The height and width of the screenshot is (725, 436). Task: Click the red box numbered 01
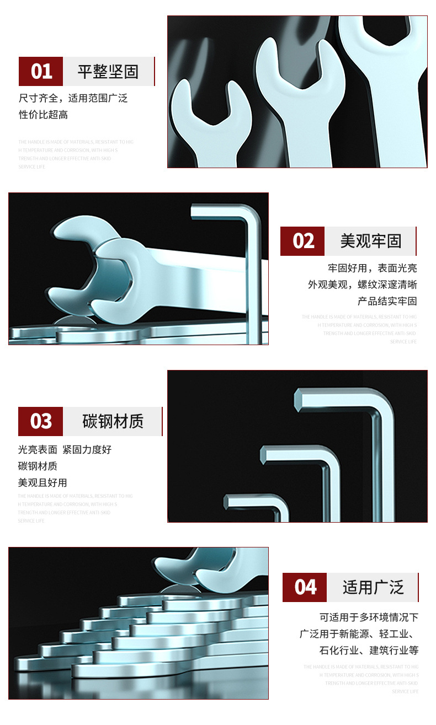[x=41, y=71]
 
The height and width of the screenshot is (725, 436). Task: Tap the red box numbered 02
[x=302, y=241]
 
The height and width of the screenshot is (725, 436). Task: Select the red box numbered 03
[x=41, y=421]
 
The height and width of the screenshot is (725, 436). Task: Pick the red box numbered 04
[x=305, y=587]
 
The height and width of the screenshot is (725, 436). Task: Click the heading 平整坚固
[x=108, y=71]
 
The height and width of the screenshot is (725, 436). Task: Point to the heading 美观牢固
[x=370, y=241]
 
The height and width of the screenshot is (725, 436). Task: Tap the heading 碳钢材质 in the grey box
[x=113, y=421]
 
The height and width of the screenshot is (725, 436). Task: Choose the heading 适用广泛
[x=373, y=587]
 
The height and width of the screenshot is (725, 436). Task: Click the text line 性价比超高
[x=44, y=115]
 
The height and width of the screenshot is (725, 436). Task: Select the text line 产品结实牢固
[x=387, y=301]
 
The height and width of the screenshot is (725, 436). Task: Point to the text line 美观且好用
[x=42, y=482]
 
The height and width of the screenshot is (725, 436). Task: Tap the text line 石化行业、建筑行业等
[x=369, y=650]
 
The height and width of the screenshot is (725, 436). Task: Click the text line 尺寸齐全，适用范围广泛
[x=73, y=98]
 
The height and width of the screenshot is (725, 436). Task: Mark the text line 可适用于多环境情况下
[x=369, y=617]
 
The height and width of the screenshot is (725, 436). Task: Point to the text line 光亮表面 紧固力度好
[x=65, y=449]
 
